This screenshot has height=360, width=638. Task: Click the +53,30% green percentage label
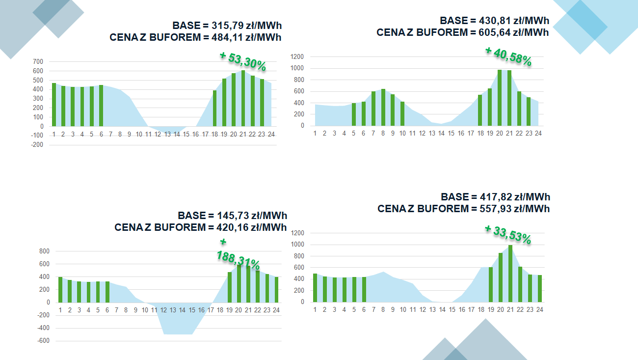[243, 61]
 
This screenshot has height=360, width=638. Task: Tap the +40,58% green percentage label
[508, 56]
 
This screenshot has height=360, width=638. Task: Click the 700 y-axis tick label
[38, 62]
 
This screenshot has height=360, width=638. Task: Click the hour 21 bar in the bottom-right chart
[510, 273]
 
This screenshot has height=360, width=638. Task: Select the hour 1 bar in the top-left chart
[54, 105]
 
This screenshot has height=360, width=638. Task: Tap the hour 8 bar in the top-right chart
[383, 107]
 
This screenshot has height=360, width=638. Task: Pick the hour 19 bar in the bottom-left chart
[229, 287]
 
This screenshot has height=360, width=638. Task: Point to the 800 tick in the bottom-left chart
[44, 251]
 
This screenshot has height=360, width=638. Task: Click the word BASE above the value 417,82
[455, 197]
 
